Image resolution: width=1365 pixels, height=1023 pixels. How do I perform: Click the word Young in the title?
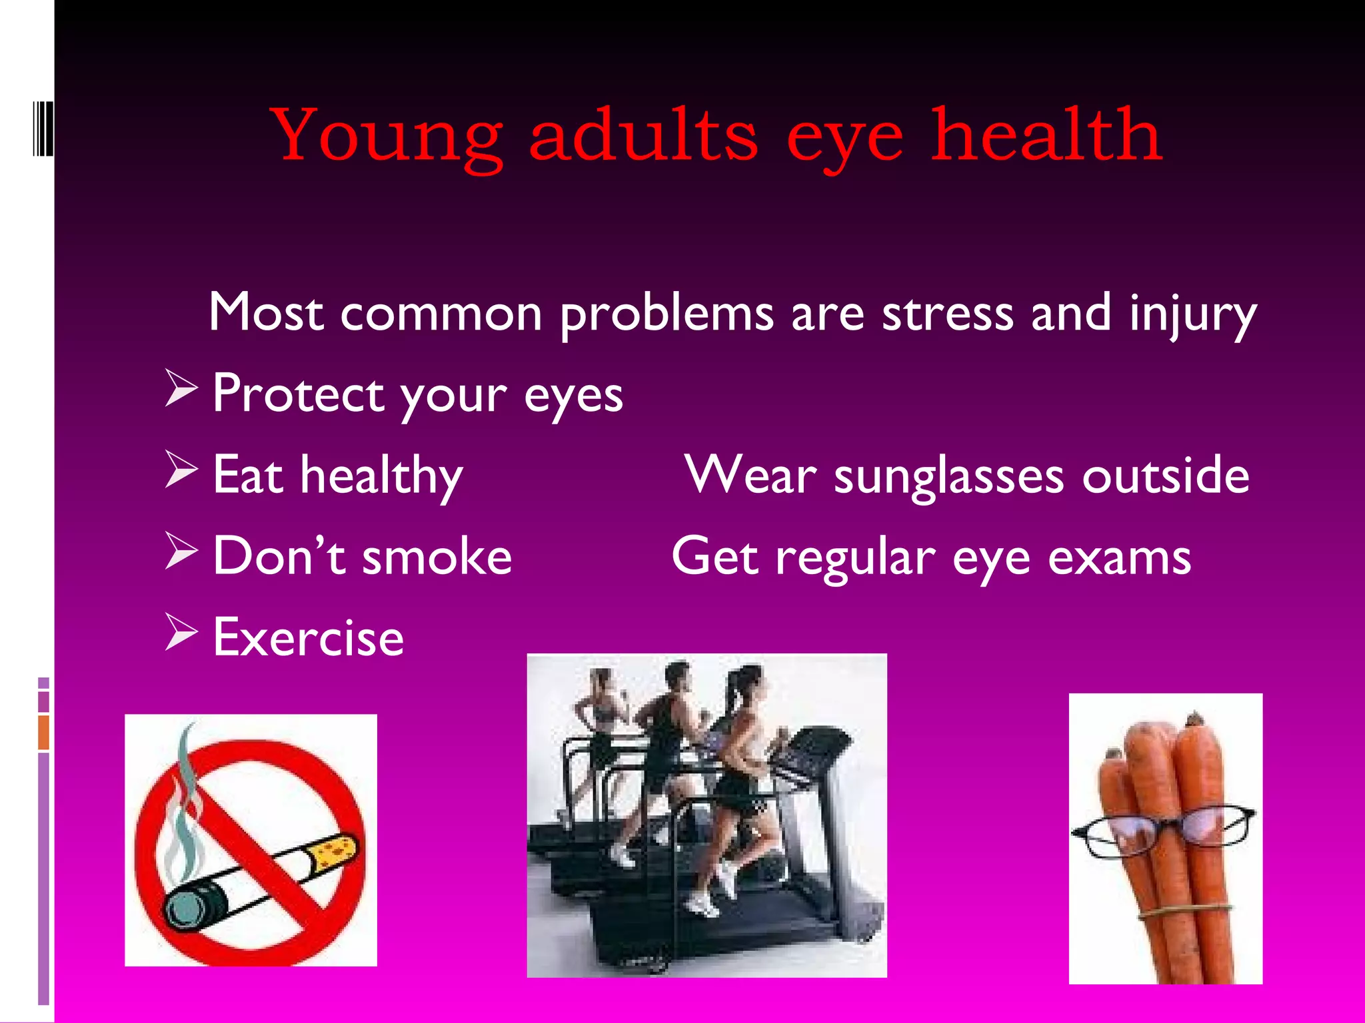387,137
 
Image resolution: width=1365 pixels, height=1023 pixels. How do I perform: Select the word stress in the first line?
947,313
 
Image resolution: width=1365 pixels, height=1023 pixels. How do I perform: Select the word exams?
1119,558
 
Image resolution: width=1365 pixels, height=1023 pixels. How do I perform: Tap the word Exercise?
308,638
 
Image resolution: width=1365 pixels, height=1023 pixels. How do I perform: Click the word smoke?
437,557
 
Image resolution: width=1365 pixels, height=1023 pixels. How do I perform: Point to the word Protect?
297,394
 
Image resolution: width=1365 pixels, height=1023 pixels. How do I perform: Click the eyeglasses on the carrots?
1163,829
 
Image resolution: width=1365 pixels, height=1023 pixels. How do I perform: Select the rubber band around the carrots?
1183,910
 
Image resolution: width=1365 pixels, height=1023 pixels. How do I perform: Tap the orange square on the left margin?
44,732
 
